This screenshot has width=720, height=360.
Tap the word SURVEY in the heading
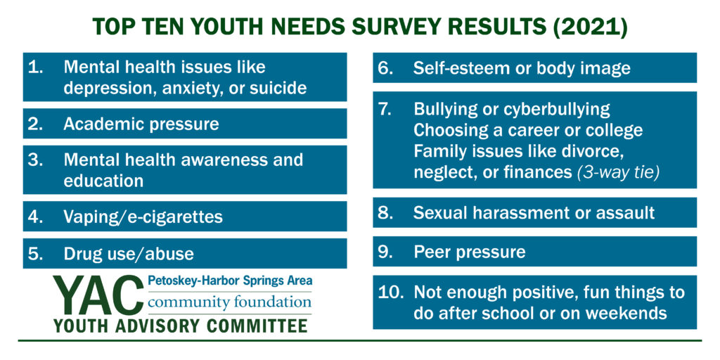[x=392, y=27]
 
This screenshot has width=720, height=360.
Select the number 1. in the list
[x=36, y=67]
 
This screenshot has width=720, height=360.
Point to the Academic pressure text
[x=141, y=124]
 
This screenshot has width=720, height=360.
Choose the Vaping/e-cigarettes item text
[x=143, y=217]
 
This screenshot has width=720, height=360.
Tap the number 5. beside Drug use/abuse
[x=36, y=253]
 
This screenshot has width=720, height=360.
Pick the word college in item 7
[x=613, y=131]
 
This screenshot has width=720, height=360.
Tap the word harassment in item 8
[x=516, y=212]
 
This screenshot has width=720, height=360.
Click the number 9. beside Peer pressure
[x=385, y=251]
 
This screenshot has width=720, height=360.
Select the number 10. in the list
[x=390, y=292]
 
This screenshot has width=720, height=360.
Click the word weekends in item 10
[x=628, y=313]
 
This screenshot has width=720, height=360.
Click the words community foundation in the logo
[x=230, y=303]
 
